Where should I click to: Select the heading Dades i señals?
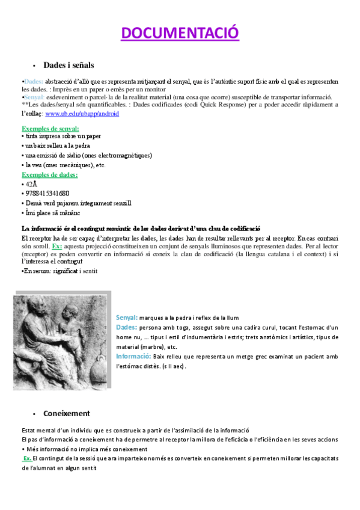(68, 64)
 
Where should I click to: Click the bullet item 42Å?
(29, 184)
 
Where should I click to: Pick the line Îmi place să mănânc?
(52, 213)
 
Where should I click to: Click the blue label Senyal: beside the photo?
(127, 317)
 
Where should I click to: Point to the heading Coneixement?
(66, 413)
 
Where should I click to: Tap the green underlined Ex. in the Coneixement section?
(27, 458)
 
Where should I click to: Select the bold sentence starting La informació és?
(141, 229)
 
